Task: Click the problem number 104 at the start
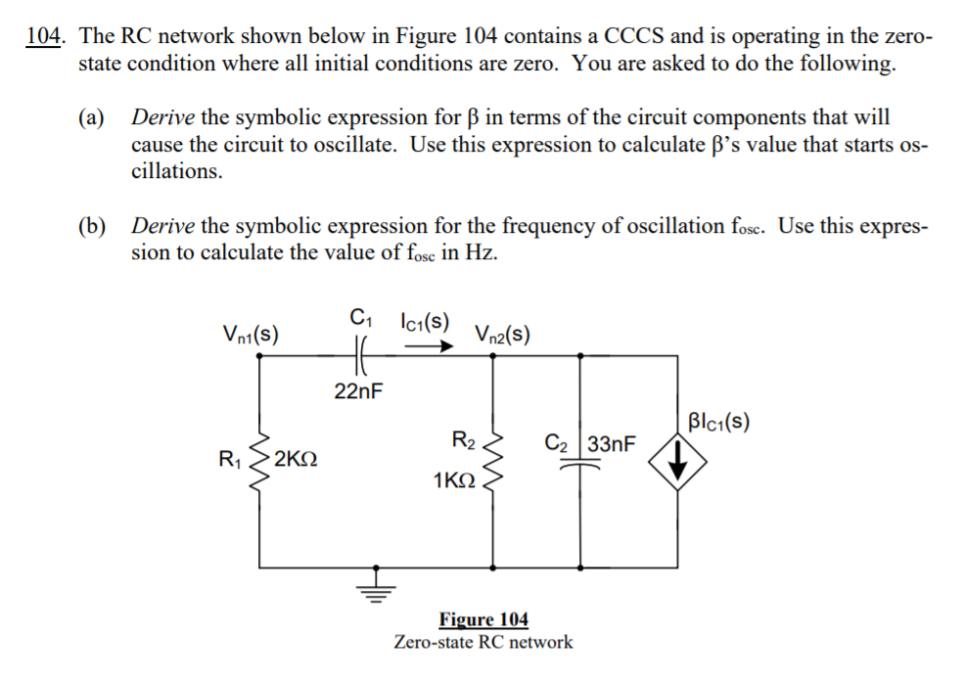coord(44,37)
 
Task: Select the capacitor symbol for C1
coord(359,354)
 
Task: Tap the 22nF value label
coord(358,392)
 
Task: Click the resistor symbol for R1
coord(259,458)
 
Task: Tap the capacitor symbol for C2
coord(582,466)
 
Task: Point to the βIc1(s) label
coord(718,423)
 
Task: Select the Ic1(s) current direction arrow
coord(430,343)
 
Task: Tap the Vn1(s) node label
coord(251,335)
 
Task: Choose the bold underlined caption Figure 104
coord(483,620)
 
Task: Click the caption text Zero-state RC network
coord(483,643)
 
